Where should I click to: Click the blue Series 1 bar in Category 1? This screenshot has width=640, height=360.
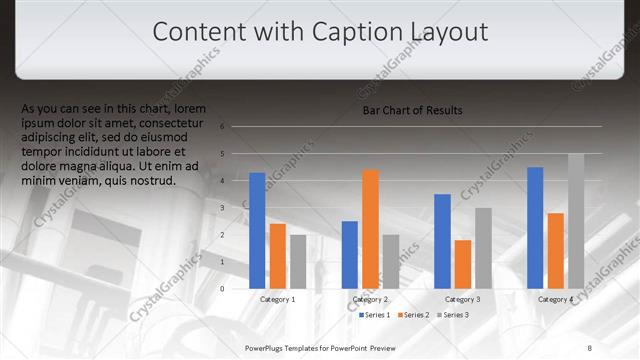[x=257, y=231]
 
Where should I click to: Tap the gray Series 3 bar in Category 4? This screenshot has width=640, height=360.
[x=575, y=221]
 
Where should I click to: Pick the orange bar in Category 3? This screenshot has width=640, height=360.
[x=462, y=264]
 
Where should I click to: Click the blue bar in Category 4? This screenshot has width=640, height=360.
[x=535, y=228]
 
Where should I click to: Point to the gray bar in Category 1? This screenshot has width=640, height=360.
[x=298, y=262]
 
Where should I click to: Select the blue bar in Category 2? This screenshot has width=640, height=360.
[x=350, y=255]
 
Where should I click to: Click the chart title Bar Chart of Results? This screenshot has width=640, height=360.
[x=412, y=110]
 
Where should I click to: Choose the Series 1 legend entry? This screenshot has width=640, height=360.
[x=375, y=315]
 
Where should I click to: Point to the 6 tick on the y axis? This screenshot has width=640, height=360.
[x=236, y=127]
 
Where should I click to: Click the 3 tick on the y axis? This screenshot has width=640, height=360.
[x=236, y=208]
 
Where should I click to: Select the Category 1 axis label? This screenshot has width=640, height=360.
[x=277, y=299]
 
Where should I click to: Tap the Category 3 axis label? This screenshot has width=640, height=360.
[x=462, y=299]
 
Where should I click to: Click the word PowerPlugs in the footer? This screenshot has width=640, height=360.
[x=265, y=346]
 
